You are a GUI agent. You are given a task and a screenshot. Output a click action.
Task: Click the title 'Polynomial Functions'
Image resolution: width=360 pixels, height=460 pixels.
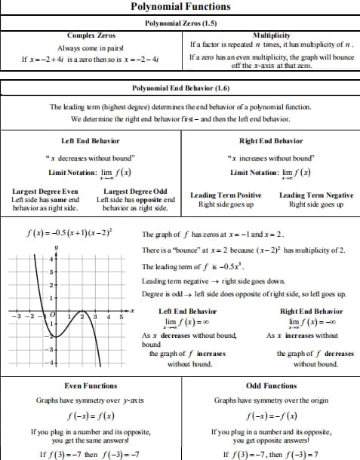180,7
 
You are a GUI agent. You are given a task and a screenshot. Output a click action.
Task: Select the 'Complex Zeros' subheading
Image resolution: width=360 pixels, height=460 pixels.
91,35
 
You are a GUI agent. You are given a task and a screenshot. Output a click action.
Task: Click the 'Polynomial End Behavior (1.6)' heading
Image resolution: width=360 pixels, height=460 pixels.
180,88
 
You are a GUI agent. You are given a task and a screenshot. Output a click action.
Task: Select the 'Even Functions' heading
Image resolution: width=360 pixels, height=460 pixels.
91,385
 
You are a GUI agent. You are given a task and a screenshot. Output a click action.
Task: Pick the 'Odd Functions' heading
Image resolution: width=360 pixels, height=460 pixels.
271,385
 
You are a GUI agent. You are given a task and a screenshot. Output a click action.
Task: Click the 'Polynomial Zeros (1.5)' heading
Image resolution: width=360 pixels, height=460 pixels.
180,23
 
